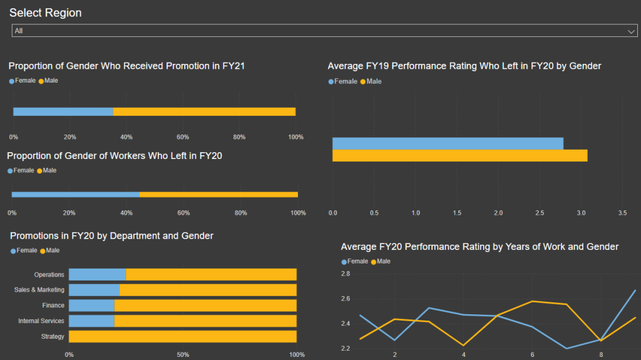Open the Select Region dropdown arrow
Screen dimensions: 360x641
pos(632,31)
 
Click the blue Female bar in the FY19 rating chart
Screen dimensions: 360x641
pos(448,143)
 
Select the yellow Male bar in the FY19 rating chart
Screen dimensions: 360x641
pos(459,156)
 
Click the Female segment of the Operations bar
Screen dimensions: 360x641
pos(97,274)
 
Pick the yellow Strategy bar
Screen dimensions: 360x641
pos(182,336)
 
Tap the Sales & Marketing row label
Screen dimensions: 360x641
pos(39,290)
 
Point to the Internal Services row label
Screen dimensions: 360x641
pos(41,321)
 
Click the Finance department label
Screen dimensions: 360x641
pos(53,306)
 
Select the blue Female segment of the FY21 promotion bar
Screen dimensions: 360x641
pos(63,112)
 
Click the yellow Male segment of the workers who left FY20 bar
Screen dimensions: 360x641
pos(218,195)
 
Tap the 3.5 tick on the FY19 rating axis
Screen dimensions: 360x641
pos(622,213)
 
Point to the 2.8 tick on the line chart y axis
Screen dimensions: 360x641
pos(346,274)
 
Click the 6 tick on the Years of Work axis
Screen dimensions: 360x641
pos(532,355)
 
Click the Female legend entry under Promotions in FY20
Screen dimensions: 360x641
pos(24,250)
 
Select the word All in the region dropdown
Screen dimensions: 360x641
pos(19,31)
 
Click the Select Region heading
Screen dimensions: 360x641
pos(45,13)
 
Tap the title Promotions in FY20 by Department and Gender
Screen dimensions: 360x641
pos(111,236)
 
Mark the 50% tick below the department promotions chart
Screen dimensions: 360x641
pos(183,355)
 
